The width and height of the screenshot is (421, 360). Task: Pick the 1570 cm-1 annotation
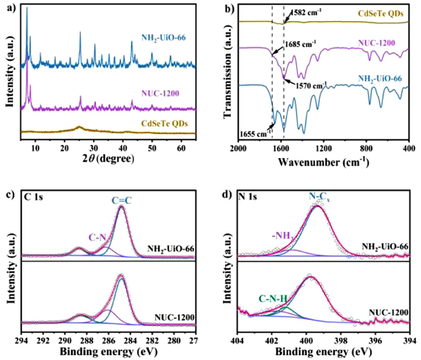coord(315,85)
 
